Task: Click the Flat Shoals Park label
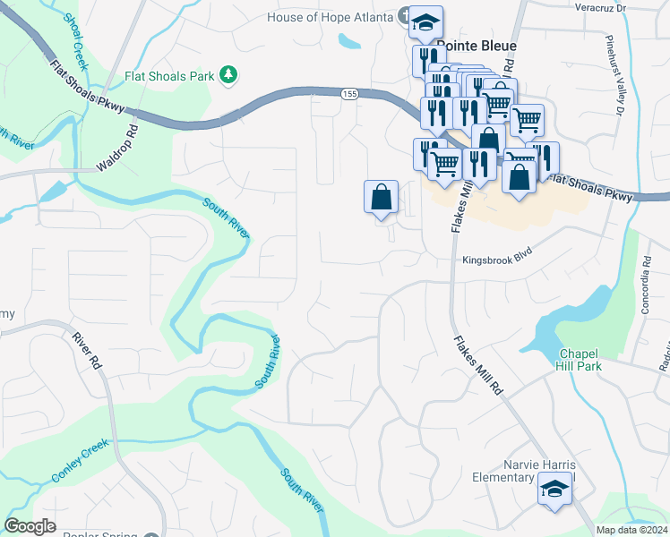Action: [170, 76]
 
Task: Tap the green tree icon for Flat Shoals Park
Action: [229, 75]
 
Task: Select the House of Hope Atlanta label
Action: [330, 17]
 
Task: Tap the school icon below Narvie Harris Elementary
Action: [554, 489]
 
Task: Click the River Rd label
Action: [87, 349]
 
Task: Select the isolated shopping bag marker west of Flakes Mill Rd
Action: [381, 196]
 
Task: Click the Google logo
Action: [30, 526]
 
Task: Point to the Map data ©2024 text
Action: [631, 530]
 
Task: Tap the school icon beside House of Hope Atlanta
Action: [425, 21]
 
